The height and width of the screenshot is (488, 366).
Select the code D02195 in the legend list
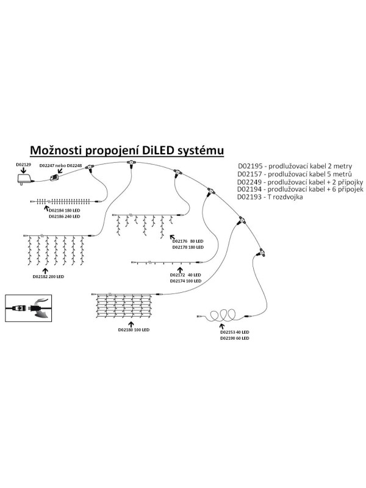pyautogui.click(x=249, y=166)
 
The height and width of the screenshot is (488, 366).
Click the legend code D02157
pyautogui.click(x=249, y=174)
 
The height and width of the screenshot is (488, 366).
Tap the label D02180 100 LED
pyautogui.click(x=132, y=329)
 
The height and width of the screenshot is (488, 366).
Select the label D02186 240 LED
pyautogui.click(x=63, y=217)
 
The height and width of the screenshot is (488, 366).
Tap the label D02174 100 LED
pyautogui.click(x=186, y=282)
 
